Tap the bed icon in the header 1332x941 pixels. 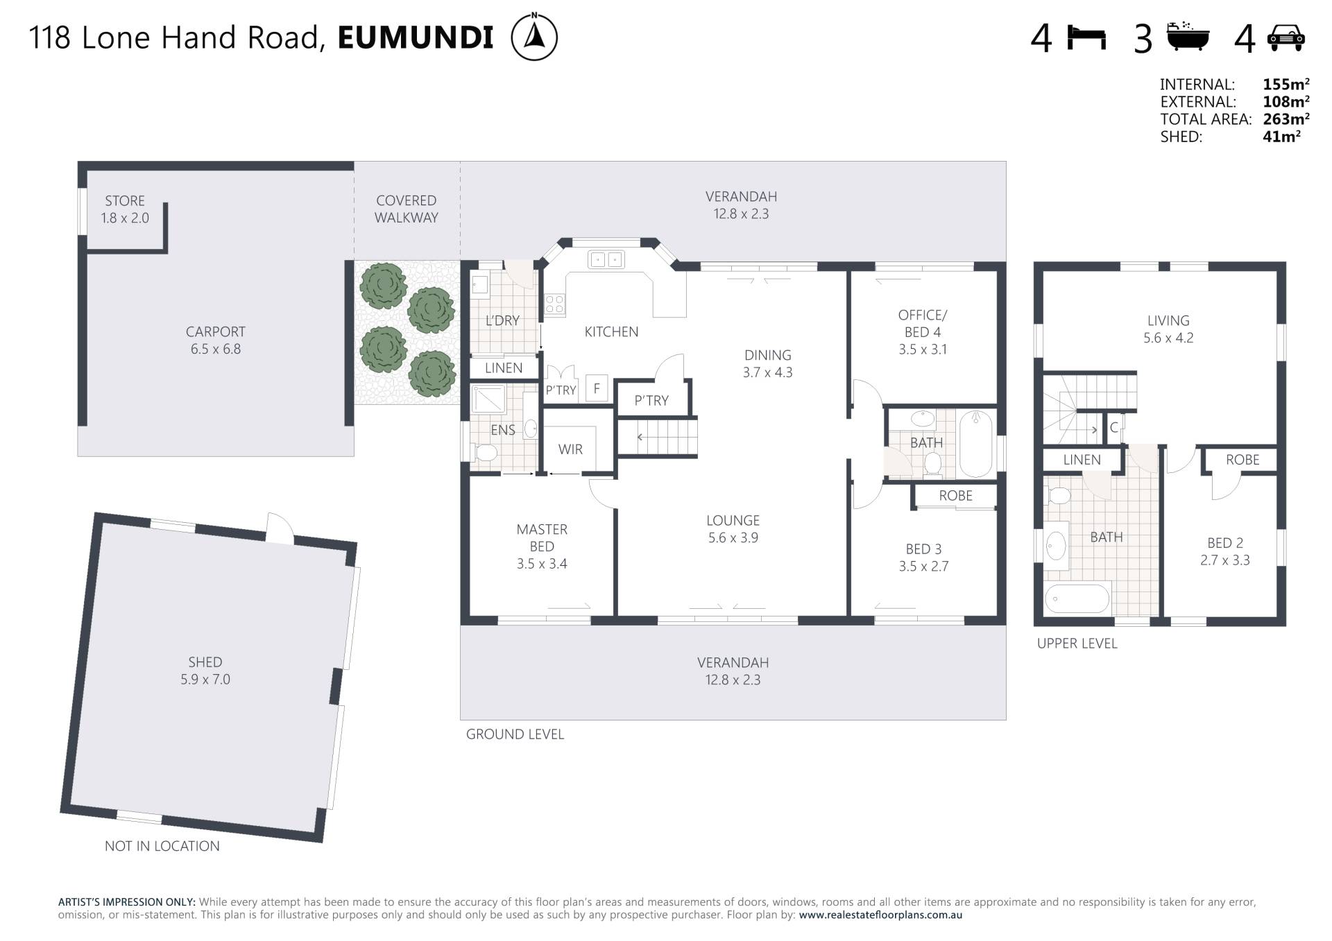pyautogui.click(x=1086, y=37)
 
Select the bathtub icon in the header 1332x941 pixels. pyautogui.click(x=1188, y=37)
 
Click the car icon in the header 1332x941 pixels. pyautogui.click(x=1286, y=38)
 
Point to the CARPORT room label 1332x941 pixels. pyautogui.click(x=216, y=331)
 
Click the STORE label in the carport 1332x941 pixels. pyautogui.click(x=125, y=201)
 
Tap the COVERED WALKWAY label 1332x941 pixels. pyautogui.click(x=407, y=209)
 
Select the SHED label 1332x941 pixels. pyautogui.click(x=205, y=662)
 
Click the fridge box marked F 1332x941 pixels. pyautogui.click(x=597, y=388)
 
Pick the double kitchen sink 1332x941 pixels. pyautogui.click(x=606, y=259)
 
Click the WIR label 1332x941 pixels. pyautogui.click(x=570, y=449)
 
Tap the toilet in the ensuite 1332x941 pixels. pyautogui.click(x=486, y=453)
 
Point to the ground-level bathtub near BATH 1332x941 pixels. pyautogui.click(x=975, y=444)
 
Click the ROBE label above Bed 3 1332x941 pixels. pyautogui.click(x=956, y=496)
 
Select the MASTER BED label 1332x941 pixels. pyautogui.click(x=542, y=538)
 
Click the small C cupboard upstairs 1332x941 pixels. pyautogui.click(x=1114, y=427)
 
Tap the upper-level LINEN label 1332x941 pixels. pyautogui.click(x=1082, y=460)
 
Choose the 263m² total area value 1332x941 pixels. pyautogui.click(x=1286, y=119)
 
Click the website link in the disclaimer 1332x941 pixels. pyautogui.click(x=880, y=915)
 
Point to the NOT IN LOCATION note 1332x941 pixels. pyautogui.click(x=162, y=846)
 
